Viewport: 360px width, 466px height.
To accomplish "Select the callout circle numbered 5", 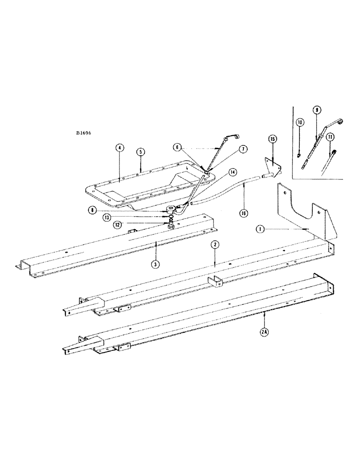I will click(140, 152).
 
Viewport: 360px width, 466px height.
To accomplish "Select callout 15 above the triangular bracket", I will click(273, 139).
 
